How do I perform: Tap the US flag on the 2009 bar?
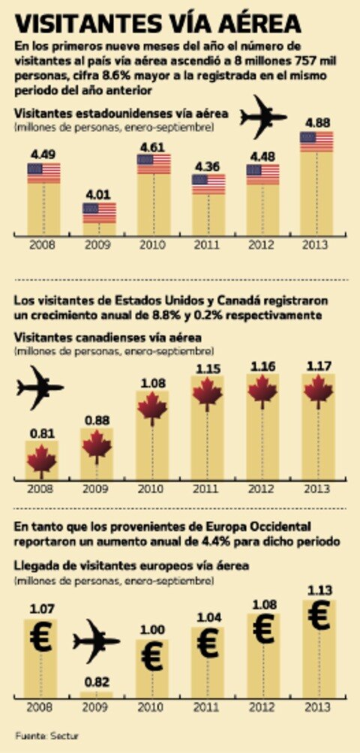[x=99, y=212]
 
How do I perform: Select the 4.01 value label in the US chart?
[x=99, y=193]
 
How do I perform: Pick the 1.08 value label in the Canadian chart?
[x=152, y=384]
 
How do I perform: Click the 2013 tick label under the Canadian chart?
[x=319, y=488]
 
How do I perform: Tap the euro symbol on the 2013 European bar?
[x=318, y=616]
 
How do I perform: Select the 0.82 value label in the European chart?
[x=95, y=682]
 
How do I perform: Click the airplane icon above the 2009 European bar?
[x=96, y=640]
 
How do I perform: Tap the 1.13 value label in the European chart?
[x=318, y=589]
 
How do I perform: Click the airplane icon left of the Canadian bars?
[x=40, y=388]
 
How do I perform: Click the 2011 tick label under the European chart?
[x=208, y=706]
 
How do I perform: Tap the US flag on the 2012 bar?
[x=262, y=175]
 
